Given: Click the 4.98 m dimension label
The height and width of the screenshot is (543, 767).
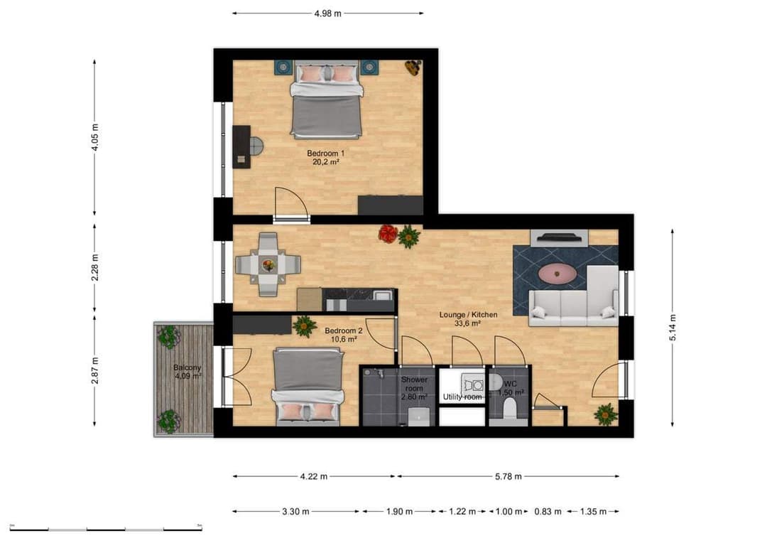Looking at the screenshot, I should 327,13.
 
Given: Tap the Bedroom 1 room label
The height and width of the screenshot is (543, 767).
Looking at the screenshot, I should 326,154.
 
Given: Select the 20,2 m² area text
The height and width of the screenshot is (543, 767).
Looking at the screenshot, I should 326,162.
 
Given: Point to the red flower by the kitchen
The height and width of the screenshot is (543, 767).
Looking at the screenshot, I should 388,233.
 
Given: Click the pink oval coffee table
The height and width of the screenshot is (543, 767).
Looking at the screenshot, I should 557,272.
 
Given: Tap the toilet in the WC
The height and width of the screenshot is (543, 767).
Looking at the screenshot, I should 508,408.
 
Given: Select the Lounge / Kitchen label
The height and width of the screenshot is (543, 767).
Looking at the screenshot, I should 468,314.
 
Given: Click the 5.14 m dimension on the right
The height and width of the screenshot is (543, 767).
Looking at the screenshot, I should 672,328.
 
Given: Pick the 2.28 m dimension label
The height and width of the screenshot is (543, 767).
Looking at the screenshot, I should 95,267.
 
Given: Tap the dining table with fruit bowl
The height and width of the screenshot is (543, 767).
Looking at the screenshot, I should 268,265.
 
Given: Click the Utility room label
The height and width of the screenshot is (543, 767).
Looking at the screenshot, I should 462,397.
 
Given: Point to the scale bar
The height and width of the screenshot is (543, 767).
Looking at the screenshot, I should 106,529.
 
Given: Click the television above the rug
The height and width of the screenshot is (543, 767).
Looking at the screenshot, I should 559,238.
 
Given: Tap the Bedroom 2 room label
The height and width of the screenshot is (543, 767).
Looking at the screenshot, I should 344,330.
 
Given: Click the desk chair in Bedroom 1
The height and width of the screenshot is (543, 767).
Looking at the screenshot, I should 255,146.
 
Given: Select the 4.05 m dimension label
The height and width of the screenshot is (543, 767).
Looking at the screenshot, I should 95,137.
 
